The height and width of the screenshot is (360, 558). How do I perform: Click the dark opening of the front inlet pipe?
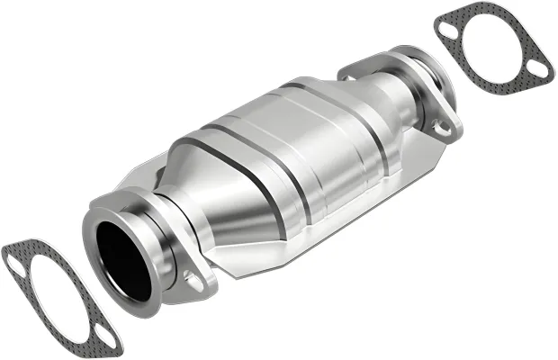[123, 261]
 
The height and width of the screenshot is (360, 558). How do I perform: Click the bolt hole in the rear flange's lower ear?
[442, 129]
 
